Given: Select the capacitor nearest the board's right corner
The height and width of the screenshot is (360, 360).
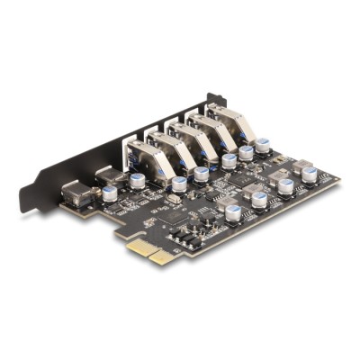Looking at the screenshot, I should tap(310, 175).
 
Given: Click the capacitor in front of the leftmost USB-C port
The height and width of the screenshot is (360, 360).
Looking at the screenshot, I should tap(110, 193).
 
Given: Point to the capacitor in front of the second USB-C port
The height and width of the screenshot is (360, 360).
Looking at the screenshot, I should tap(138, 181).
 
